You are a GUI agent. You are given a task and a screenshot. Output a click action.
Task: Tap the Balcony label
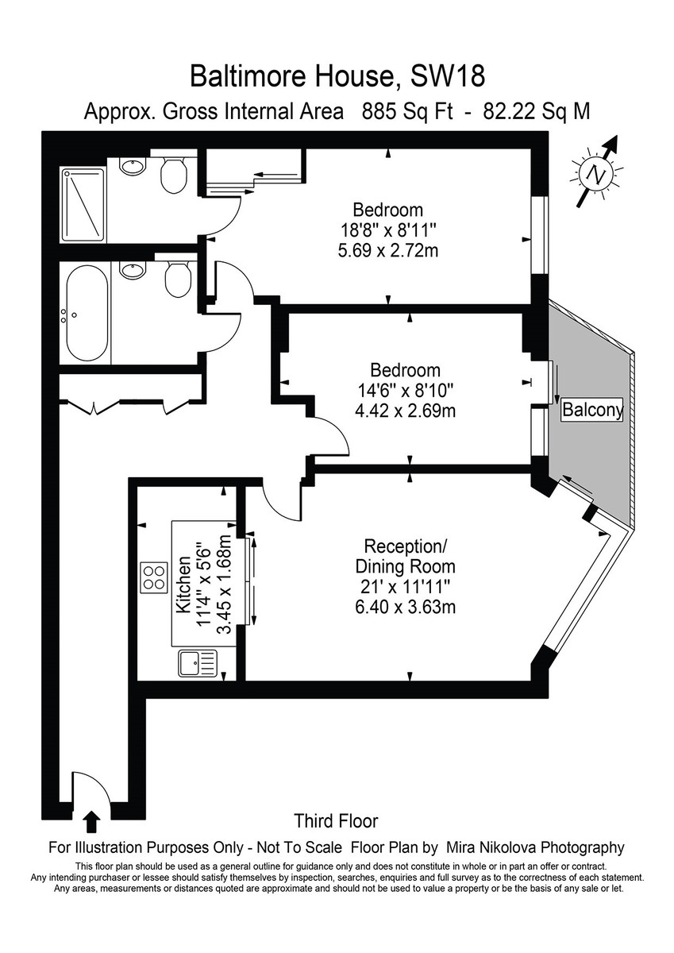tap(592, 411)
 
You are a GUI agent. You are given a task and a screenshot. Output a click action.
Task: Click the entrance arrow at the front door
tap(91, 818)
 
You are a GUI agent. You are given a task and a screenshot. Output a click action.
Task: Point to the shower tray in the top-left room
tap(83, 204)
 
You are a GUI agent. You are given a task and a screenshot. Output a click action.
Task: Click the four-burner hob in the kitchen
tap(154, 574)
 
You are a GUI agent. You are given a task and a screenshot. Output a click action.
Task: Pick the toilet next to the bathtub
tap(177, 279)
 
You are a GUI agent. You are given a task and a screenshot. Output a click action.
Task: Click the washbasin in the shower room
tap(133, 165)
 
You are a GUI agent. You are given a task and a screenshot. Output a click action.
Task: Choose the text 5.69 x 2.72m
tap(388, 251)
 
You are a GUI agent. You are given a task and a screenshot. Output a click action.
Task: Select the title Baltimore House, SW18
tap(337, 77)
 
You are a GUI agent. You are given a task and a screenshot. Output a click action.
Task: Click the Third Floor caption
tap(336, 820)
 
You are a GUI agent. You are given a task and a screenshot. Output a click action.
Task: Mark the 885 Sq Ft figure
tap(407, 111)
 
